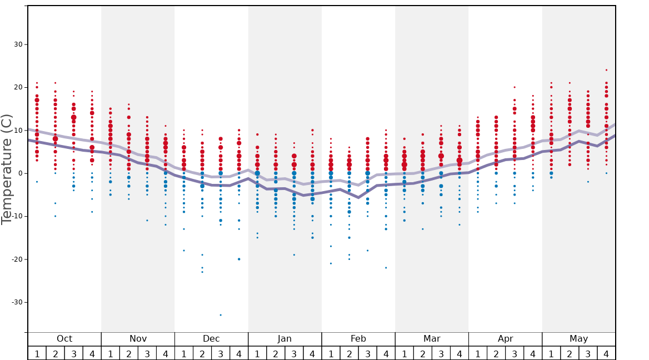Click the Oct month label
64,339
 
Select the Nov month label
138,339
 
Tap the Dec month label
211,339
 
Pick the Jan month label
284,339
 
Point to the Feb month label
358,339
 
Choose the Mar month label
432,339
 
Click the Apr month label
505,339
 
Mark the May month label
578,339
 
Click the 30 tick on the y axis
17,44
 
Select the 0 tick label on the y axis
19,173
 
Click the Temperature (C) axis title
7,169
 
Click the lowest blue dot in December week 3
221,315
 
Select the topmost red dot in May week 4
606,70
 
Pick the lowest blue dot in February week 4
386,268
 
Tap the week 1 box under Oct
37,353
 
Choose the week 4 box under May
606,353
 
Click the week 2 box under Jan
276,353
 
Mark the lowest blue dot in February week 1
331,263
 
